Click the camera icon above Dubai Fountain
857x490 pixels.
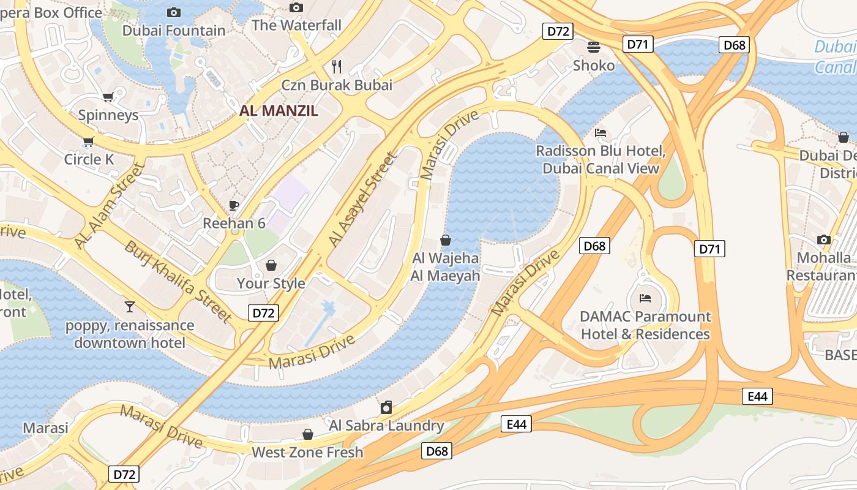(x=174, y=12)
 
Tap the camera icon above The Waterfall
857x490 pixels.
(x=296, y=7)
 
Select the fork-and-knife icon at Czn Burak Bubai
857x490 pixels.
(x=337, y=66)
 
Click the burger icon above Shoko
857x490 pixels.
(x=593, y=47)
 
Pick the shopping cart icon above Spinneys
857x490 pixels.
(x=108, y=97)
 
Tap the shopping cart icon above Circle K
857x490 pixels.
(x=89, y=142)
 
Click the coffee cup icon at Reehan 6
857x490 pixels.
(x=233, y=205)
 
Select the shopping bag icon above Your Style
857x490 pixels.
(x=271, y=265)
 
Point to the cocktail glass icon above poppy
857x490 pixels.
(x=130, y=307)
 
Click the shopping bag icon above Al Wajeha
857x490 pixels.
(x=446, y=240)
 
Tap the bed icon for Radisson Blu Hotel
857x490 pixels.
(x=601, y=133)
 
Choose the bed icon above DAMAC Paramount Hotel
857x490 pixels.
(x=645, y=298)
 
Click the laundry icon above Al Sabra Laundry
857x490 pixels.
(x=386, y=407)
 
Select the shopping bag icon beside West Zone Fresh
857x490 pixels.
(x=308, y=434)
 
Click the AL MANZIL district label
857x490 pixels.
(x=279, y=111)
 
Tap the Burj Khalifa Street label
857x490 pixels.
(x=178, y=281)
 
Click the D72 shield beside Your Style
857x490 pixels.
(x=264, y=313)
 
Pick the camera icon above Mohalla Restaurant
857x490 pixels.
(x=824, y=239)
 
